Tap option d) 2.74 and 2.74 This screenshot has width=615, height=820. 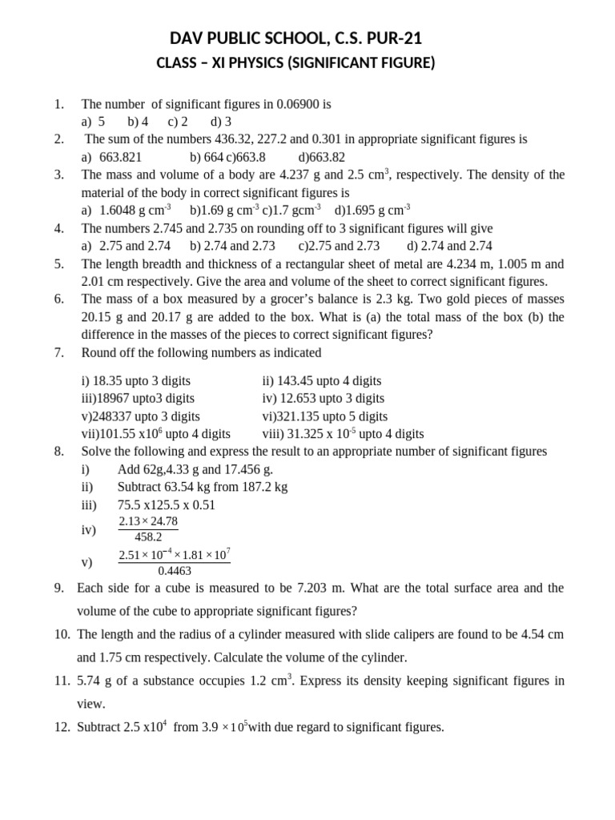pos(449,246)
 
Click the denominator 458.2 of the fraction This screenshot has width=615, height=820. pos(149,537)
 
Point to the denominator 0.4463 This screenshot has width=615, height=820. pos(175,570)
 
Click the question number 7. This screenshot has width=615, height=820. pos(58,353)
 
